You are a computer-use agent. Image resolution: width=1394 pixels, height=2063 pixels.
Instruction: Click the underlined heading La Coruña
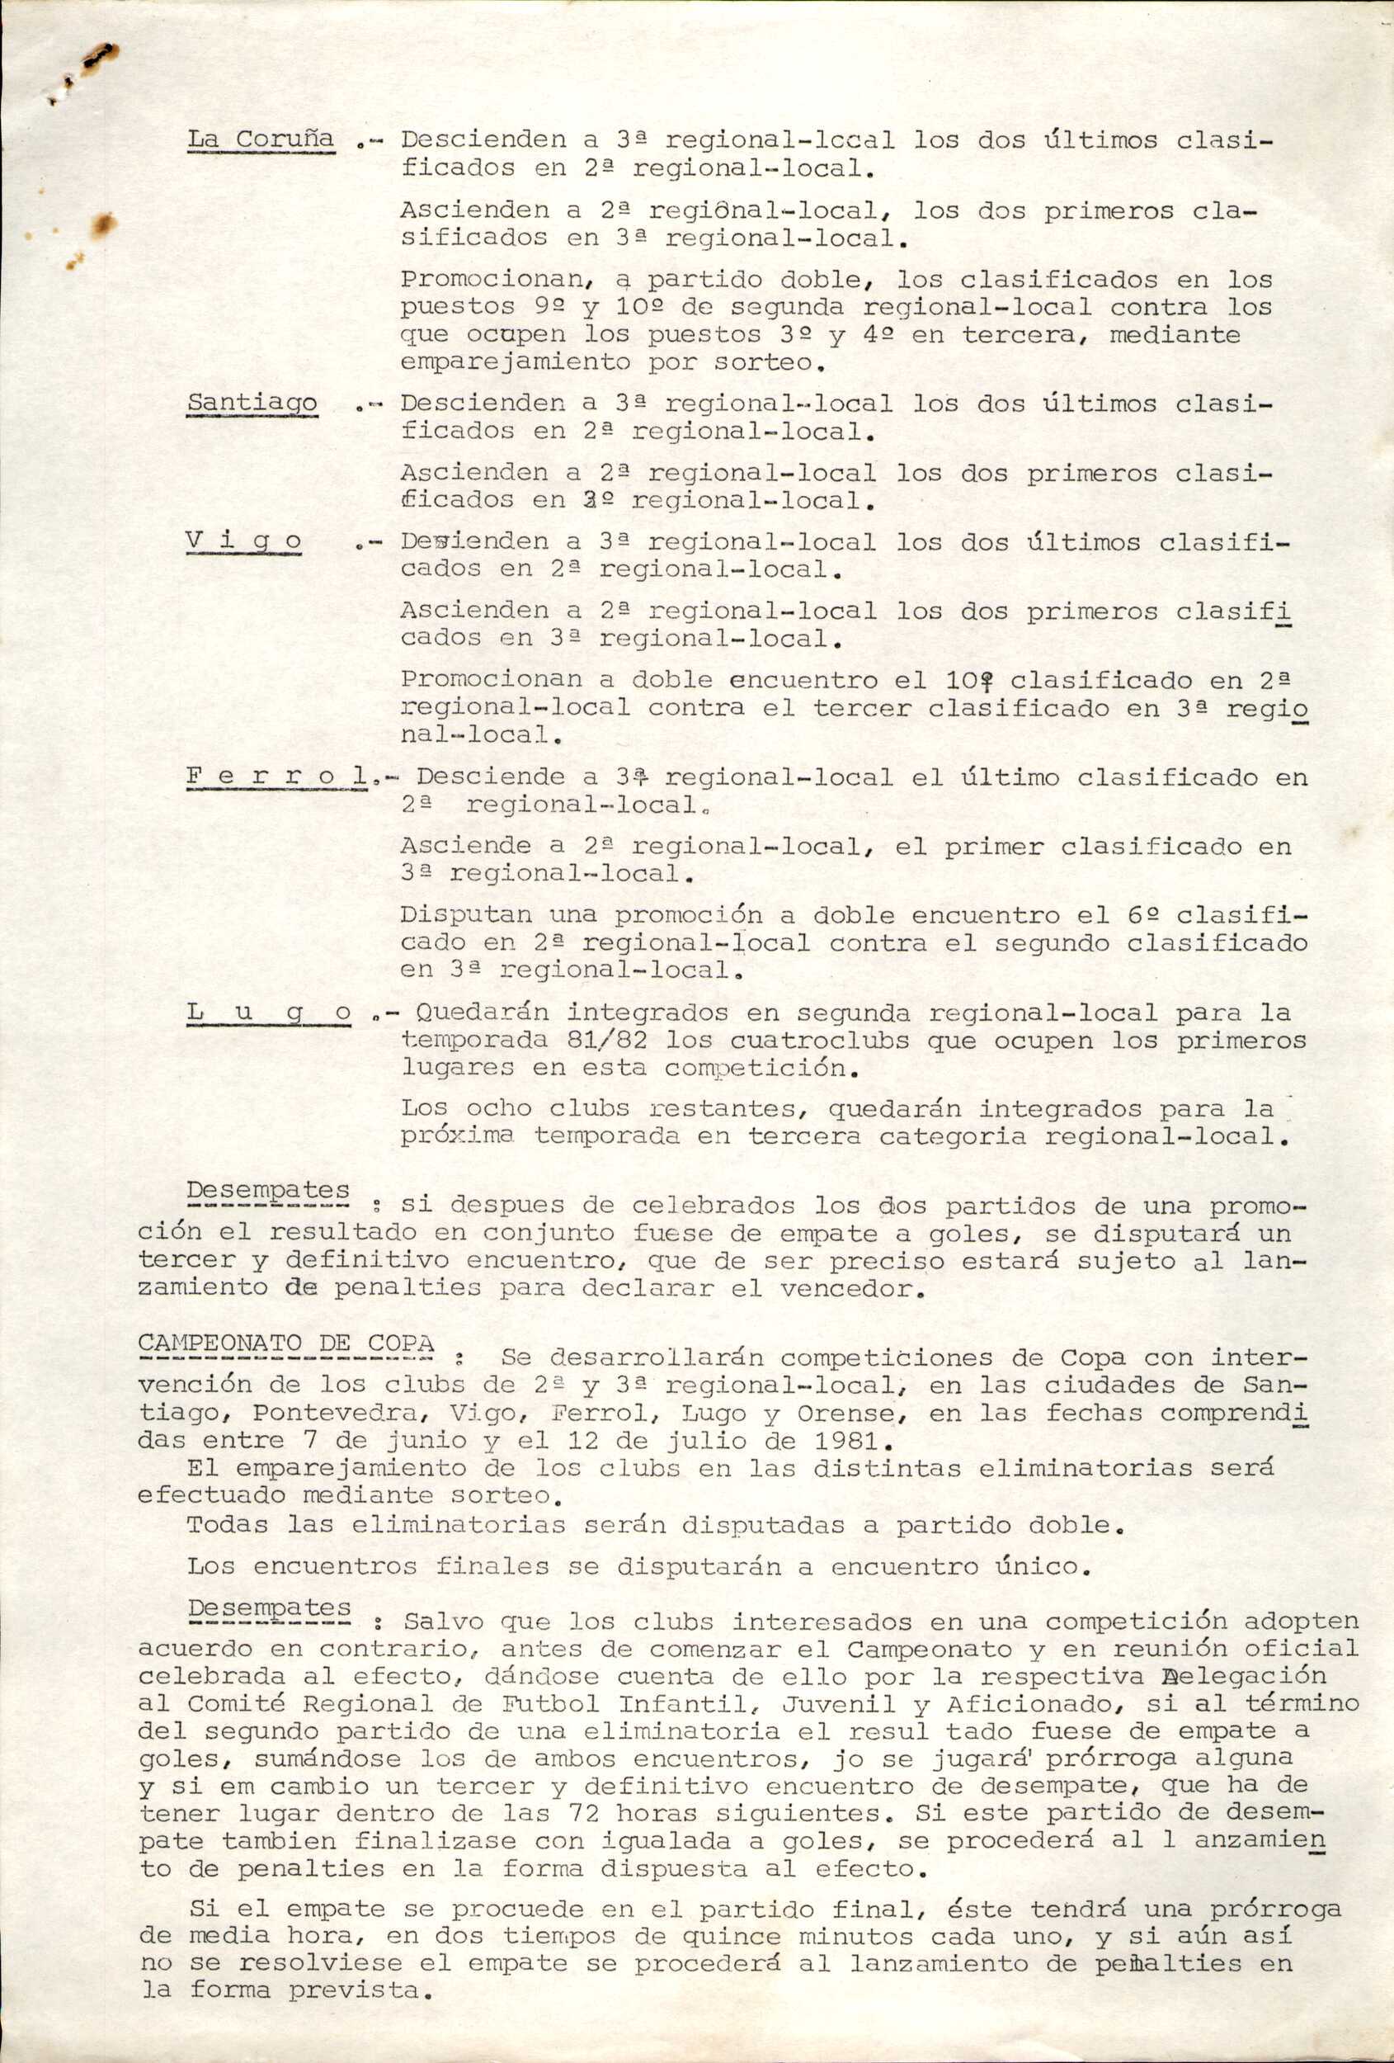pyautogui.click(x=260, y=139)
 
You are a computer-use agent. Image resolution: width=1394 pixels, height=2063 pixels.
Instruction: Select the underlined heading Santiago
pyautogui.click(x=252, y=403)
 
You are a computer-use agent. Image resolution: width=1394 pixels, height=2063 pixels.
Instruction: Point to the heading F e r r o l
pyautogui.click(x=278, y=777)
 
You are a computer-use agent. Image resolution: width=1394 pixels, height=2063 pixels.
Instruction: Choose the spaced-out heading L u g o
pyautogui.click(x=270, y=1013)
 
